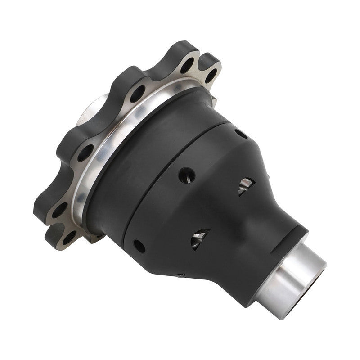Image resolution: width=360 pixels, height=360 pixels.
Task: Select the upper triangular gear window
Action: click(x=246, y=185)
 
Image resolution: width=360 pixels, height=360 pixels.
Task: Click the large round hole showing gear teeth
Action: click(x=186, y=175)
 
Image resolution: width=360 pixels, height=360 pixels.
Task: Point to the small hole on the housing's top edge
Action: click(x=240, y=134)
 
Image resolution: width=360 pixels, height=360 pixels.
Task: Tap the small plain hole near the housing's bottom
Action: click(x=139, y=246)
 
